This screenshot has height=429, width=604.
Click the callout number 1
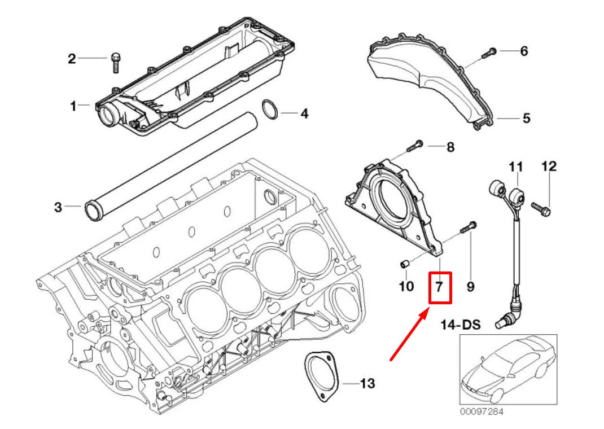point(73,106)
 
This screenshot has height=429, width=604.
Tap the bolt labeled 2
point(116,62)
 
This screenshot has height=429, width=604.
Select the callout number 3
point(58,207)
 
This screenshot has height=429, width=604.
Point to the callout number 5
point(526,119)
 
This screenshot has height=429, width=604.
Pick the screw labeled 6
point(489,53)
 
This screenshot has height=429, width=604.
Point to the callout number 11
point(515,167)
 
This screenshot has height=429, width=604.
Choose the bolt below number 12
point(543,209)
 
